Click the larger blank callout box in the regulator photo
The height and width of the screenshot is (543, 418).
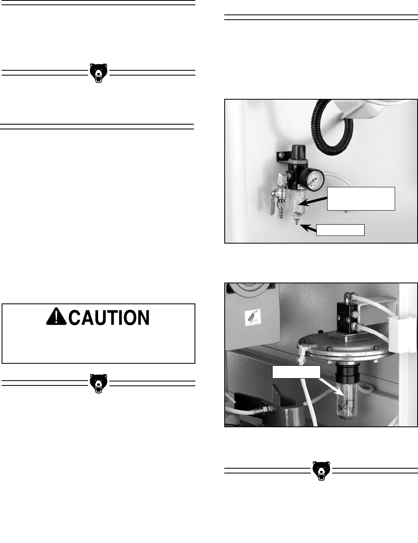(361, 199)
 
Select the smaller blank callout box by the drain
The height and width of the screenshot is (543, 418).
(340, 230)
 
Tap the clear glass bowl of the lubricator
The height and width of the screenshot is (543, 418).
(346, 405)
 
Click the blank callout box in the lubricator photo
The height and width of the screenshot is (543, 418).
(296, 372)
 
